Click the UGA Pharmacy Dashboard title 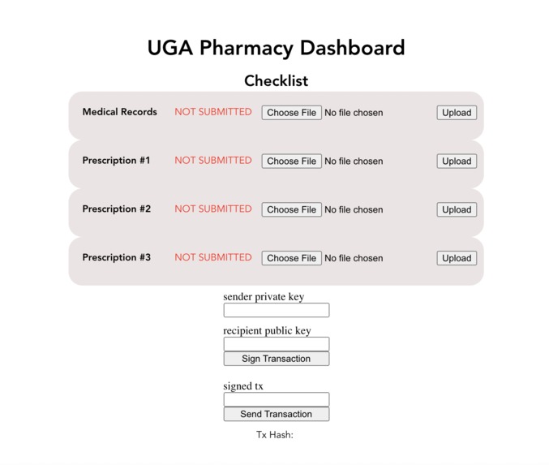coord(276,48)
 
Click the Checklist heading coord(276,81)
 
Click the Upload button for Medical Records coord(456,113)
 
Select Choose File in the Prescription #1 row coord(291,161)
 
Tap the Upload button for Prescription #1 coord(456,161)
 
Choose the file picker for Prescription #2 coord(291,209)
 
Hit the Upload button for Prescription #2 coord(456,209)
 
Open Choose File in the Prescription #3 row coord(291,258)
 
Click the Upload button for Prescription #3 coord(456,258)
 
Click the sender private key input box coord(276,310)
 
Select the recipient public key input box coord(276,344)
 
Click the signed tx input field coord(276,399)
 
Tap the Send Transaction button coord(276,414)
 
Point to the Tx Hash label coord(274,434)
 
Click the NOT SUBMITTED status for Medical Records coord(213,112)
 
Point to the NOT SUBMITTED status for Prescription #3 coord(213,257)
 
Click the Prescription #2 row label coord(116,209)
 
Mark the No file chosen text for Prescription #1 coord(354,161)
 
